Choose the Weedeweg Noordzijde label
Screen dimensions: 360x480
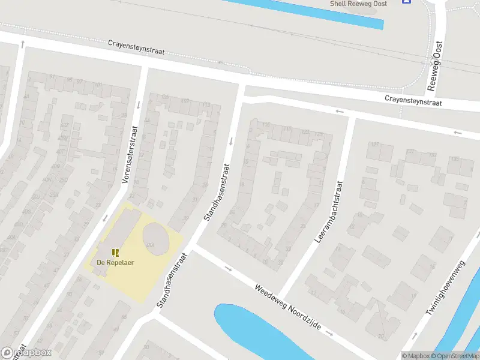point(288,310)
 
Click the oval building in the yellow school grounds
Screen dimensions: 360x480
point(155,235)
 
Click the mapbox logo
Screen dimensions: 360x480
point(26,353)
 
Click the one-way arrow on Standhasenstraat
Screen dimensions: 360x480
point(230,142)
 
